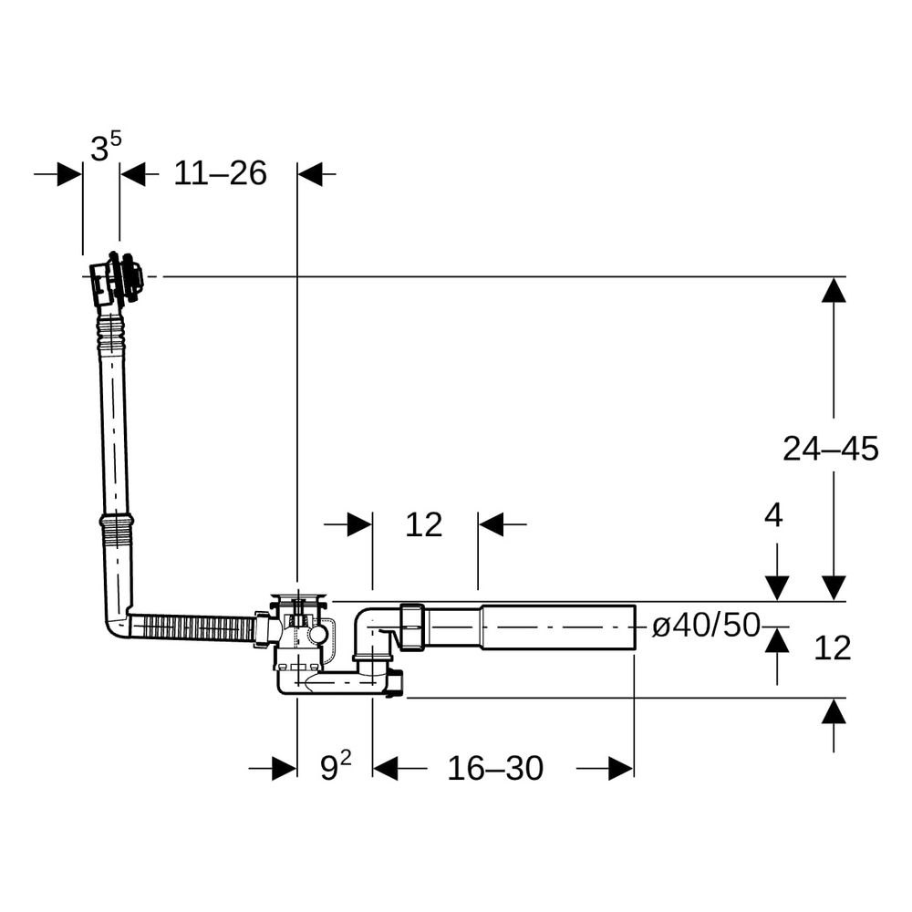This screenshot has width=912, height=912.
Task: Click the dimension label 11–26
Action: tap(220, 173)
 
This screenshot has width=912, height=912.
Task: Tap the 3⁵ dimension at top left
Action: tap(106, 147)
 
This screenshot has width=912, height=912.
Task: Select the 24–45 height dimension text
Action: tap(830, 449)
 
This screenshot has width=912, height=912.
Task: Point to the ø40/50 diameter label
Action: tap(706, 626)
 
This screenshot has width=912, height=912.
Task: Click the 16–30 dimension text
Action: tap(495, 768)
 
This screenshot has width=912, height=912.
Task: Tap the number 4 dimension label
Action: tap(773, 515)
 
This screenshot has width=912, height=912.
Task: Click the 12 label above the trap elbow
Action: tap(423, 524)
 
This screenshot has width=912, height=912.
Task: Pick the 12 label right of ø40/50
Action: tap(833, 648)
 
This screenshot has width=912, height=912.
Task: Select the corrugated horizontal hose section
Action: tap(192, 628)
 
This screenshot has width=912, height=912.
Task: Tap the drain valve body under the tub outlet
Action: tap(301, 634)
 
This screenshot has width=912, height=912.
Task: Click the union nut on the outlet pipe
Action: tap(412, 627)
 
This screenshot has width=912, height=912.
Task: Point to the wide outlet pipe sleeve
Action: tap(557, 627)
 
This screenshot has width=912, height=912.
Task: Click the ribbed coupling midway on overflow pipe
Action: tap(117, 529)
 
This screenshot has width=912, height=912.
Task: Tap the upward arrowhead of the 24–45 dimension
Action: tap(834, 290)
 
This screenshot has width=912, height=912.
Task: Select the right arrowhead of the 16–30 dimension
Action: tap(621, 768)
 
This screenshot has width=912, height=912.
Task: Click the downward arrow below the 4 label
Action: tap(777, 588)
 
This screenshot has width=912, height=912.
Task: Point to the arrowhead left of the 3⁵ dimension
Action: tap(70, 173)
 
